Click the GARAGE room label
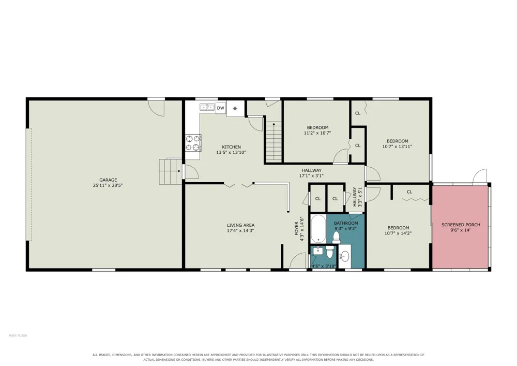click(108, 180)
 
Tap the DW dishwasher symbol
click(221, 108)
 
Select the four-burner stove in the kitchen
click(193, 143)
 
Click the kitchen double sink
click(207, 107)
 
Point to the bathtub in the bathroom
click(318, 229)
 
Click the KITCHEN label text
click(231, 147)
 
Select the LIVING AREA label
click(240, 225)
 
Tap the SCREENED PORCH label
click(461, 225)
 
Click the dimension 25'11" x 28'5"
click(108, 185)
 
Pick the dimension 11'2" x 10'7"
click(317, 133)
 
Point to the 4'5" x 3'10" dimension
click(324, 266)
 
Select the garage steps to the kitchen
click(171, 172)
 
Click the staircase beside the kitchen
click(274, 141)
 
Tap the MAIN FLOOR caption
click(18, 335)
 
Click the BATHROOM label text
click(346, 223)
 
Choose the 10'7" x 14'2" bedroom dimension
click(398, 233)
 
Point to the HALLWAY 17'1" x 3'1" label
click(312, 173)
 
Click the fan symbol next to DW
click(235, 108)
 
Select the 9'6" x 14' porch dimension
click(460, 230)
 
